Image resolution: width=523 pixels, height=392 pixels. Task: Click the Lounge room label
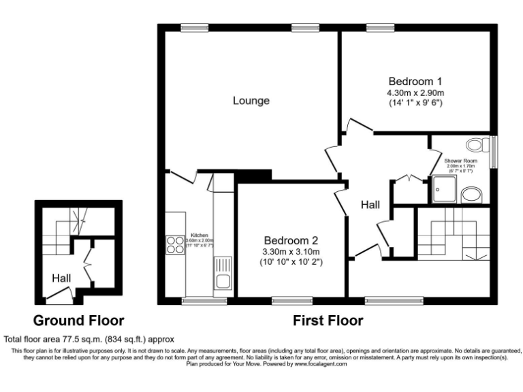pos(251,101)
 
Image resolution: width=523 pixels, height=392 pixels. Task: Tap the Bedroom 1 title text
pos(415,80)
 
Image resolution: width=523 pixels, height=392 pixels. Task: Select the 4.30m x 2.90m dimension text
pos(415,92)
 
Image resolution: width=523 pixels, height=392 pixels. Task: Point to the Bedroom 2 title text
pos(291,240)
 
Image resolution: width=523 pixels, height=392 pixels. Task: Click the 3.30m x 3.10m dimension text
pos(291,252)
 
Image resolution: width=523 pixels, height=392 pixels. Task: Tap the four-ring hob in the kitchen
pos(175,244)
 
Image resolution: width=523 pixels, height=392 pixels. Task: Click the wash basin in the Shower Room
pos(472,196)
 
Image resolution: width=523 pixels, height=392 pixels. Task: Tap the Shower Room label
pos(460,161)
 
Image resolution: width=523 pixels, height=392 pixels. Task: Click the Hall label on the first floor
pos(370,204)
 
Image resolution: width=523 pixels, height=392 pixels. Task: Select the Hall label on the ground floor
pos(61,278)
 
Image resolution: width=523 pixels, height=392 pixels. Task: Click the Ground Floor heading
pos(79,320)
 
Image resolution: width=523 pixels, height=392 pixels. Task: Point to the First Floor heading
pos(328,320)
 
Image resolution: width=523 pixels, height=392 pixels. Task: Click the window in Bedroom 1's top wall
pos(376,28)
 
